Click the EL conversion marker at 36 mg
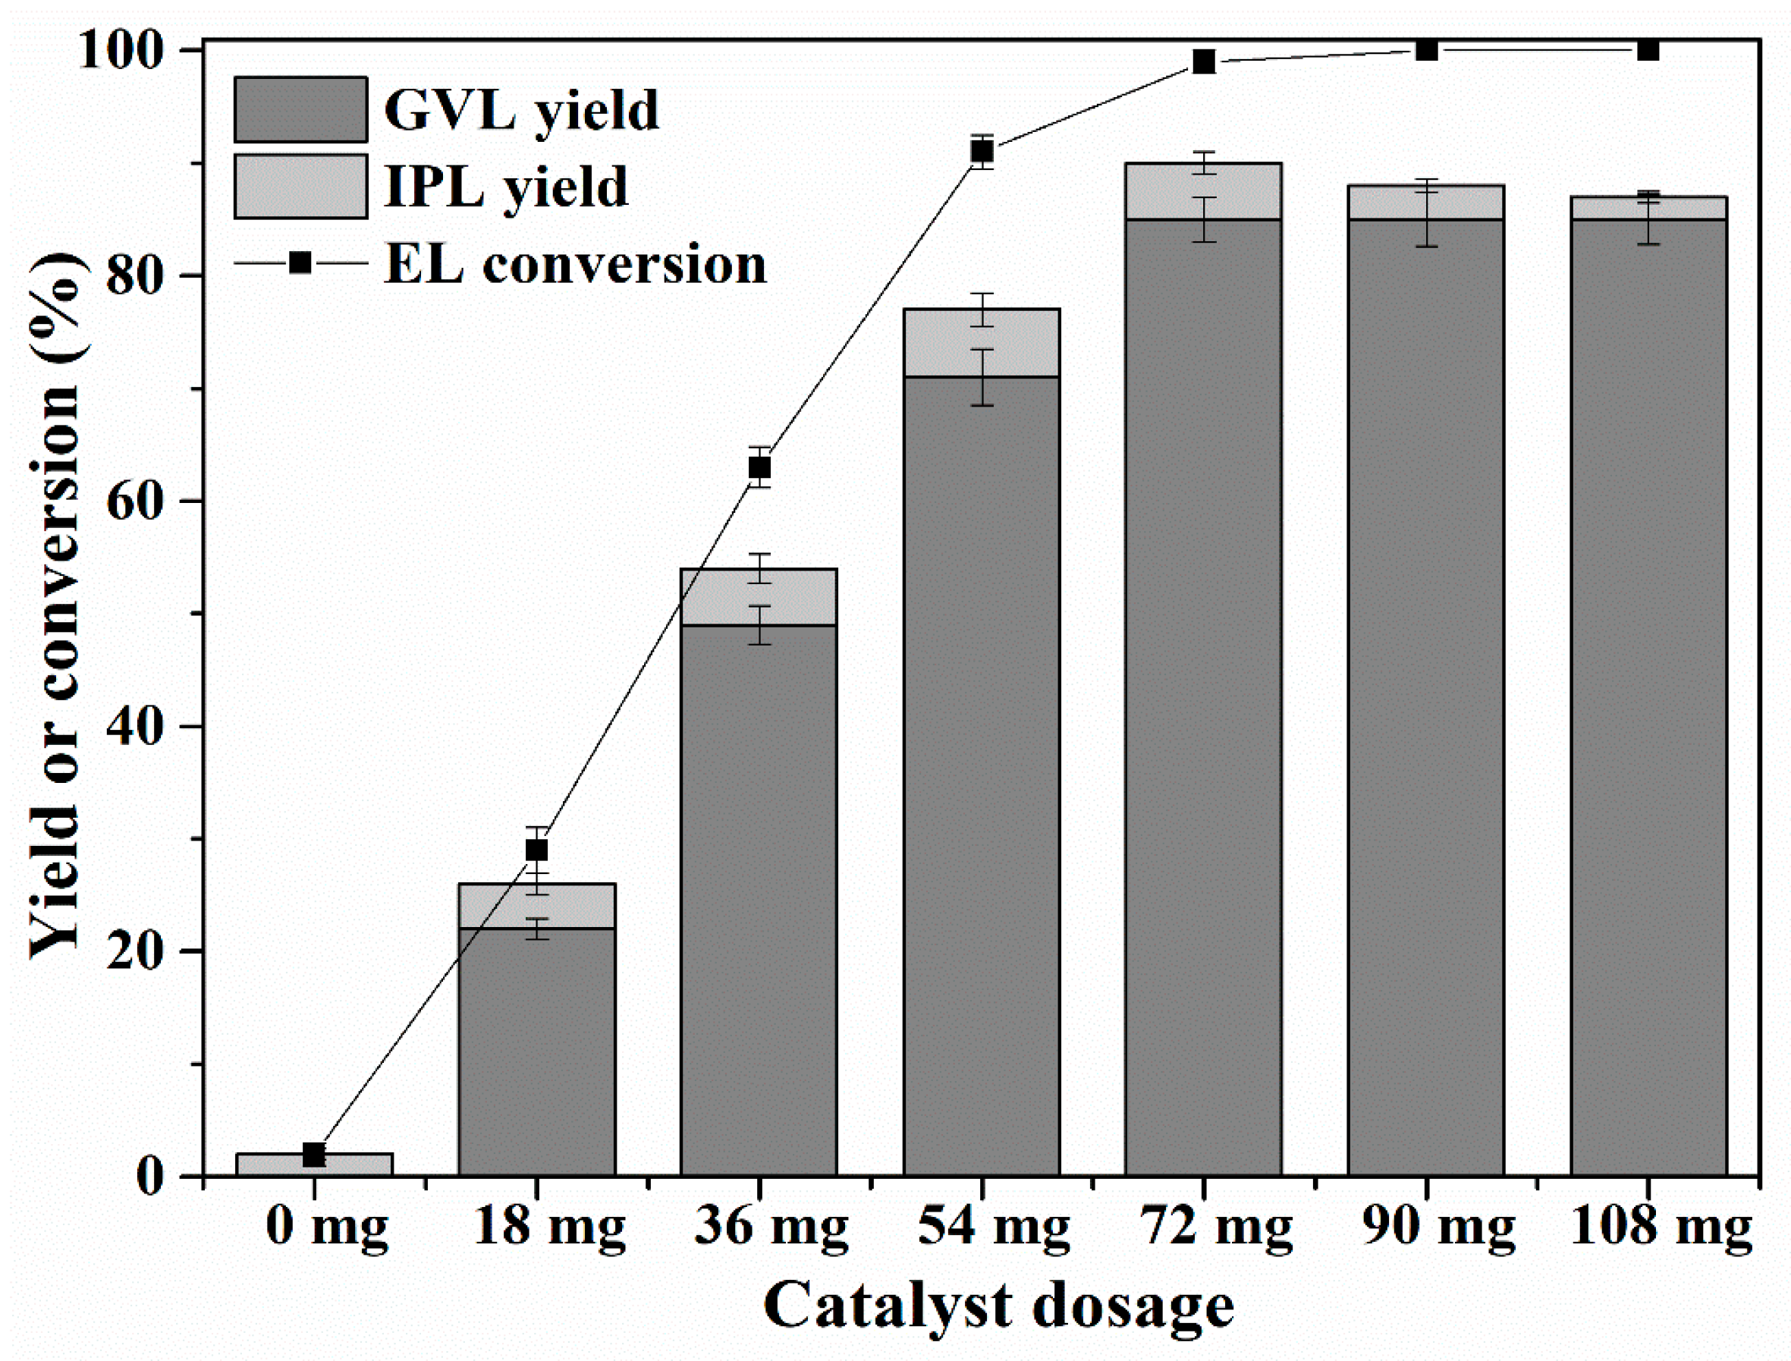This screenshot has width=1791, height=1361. point(759,467)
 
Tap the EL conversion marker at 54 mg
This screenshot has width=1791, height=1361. point(982,152)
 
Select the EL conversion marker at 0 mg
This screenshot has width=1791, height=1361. point(314,1155)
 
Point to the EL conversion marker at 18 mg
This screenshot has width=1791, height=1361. point(537,850)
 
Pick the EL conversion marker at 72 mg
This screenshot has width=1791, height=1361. point(1205,61)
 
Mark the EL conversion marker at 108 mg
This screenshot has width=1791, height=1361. point(1648,50)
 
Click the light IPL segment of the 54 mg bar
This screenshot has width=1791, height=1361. point(982,343)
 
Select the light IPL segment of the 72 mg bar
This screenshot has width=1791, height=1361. point(1204,191)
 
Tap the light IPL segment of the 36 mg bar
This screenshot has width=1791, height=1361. point(759,597)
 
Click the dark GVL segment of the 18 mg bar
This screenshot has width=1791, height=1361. point(537,1053)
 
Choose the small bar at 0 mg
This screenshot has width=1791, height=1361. point(314,1165)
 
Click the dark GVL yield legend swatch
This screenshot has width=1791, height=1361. point(300,109)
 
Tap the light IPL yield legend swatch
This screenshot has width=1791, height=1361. point(300,187)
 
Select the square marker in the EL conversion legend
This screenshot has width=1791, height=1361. point(300,262)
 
